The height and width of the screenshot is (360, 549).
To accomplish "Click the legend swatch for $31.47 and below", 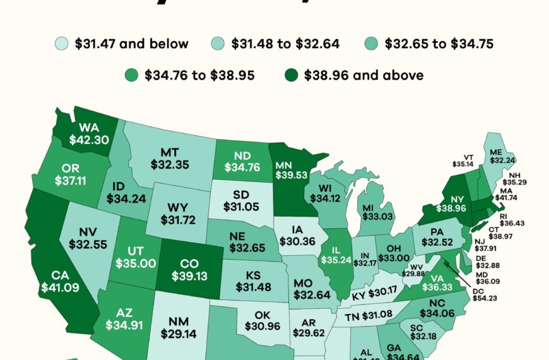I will tap(61, 44).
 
